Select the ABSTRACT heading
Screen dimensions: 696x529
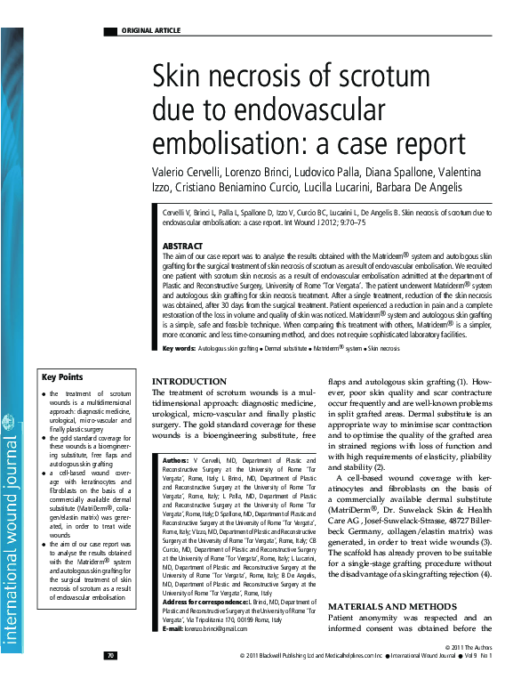pyautogui.click(x=183, y=246)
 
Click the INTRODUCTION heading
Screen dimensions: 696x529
pyautogui.click(x=189, y=381)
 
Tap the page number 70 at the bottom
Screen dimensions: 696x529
pyautogui.click(x=110, y=681)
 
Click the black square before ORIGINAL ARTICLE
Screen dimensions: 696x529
pyautogui.click(x=110, y=31)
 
